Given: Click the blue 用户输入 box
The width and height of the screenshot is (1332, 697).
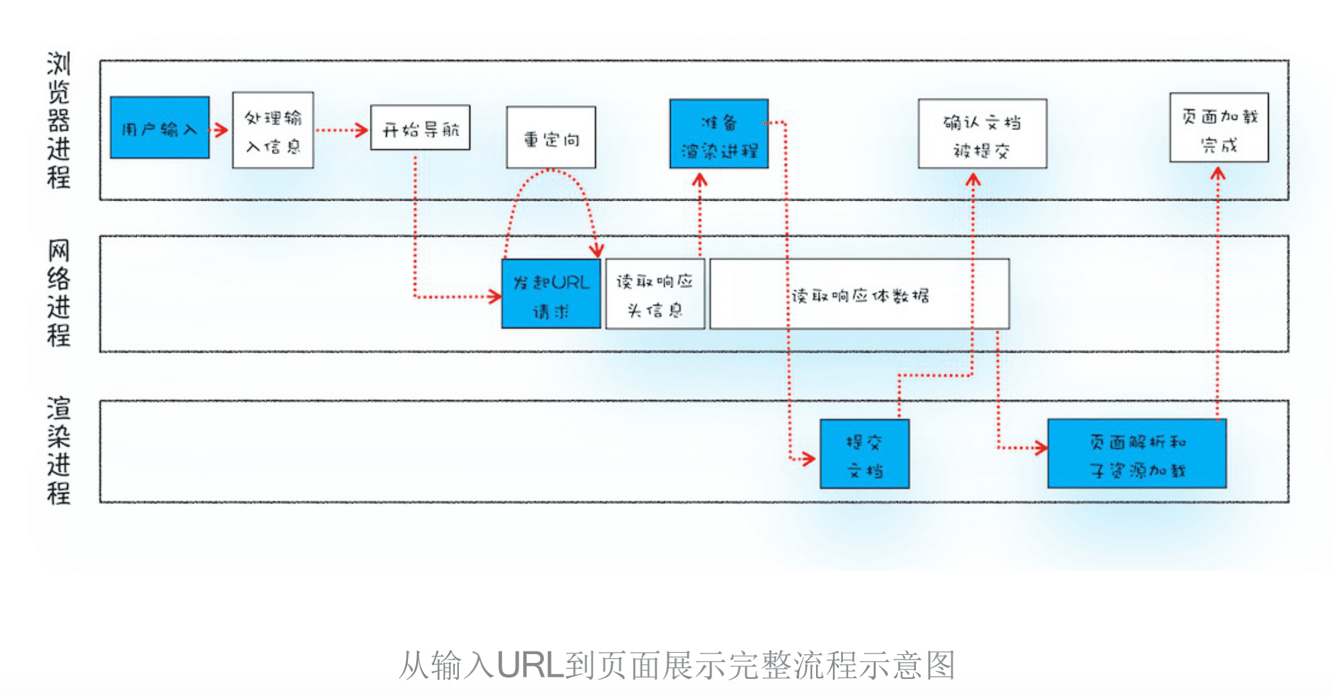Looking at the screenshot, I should coord(159,127).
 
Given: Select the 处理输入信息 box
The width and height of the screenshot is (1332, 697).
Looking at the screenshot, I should coord(273,130).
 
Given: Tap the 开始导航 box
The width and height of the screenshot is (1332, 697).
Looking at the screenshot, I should coord(420,127).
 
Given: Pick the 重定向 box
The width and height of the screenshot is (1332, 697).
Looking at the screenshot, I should coord(551,137).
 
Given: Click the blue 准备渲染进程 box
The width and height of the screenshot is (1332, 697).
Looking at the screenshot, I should coord(719,134).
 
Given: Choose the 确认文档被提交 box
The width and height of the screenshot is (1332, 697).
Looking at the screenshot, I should coord(982,134).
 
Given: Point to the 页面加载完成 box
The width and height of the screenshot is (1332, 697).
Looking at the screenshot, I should coord(1219,128).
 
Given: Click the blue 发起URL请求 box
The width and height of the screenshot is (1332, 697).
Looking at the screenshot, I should coord(551,294).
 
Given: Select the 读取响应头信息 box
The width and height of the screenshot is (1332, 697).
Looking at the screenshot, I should coord(655,294).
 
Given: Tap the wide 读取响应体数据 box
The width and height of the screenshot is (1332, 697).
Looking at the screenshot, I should coord(860,294).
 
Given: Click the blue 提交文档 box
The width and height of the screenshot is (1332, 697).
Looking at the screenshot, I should coord(864,454).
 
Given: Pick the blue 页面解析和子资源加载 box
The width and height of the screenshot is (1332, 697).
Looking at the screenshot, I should coord(1137,454).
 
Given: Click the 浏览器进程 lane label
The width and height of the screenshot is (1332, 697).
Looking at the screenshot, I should coord(59,121).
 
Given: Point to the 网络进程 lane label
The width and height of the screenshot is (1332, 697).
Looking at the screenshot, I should coord(59,292).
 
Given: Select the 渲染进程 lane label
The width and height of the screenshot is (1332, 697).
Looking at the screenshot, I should coord(59,450).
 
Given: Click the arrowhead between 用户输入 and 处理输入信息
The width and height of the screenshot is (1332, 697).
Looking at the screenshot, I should coord(222,129).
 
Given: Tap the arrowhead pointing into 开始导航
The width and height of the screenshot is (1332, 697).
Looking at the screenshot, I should coord(362,129).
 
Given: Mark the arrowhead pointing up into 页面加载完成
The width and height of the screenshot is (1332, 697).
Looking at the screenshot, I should coord(1218,174).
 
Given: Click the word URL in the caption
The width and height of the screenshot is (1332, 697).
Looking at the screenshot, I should coord(530,666).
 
